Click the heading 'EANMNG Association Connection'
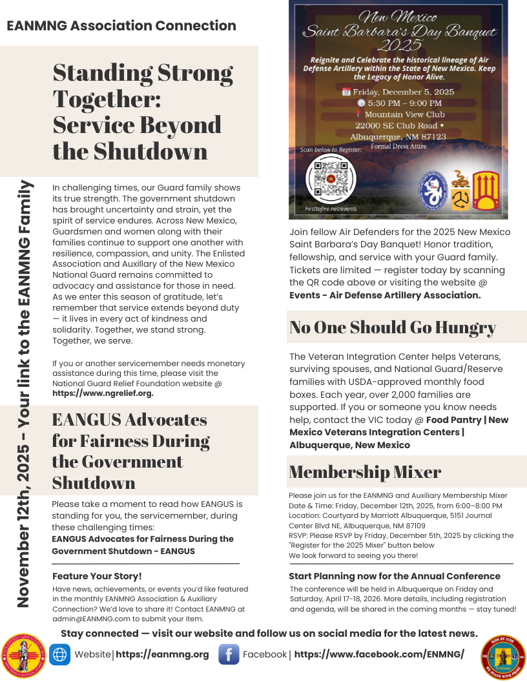tap(121, 26)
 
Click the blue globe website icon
tap(60, 654)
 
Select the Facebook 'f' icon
tap(229, 654)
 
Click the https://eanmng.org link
tap(162, 654)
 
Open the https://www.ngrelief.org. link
tap(103, 393)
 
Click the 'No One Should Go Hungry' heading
tap(393, 327)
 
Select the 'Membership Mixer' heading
tap(365, 471)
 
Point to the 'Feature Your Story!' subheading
tap(97, 576)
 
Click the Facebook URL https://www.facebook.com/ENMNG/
tap(379, 654)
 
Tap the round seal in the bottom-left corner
tap(25, 656)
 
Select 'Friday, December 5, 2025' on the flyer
tap(402, 92)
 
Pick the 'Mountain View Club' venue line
tap(404, 114)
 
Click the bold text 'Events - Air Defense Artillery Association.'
tap(385, 295)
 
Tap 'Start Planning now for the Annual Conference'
tap(394, 576)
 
